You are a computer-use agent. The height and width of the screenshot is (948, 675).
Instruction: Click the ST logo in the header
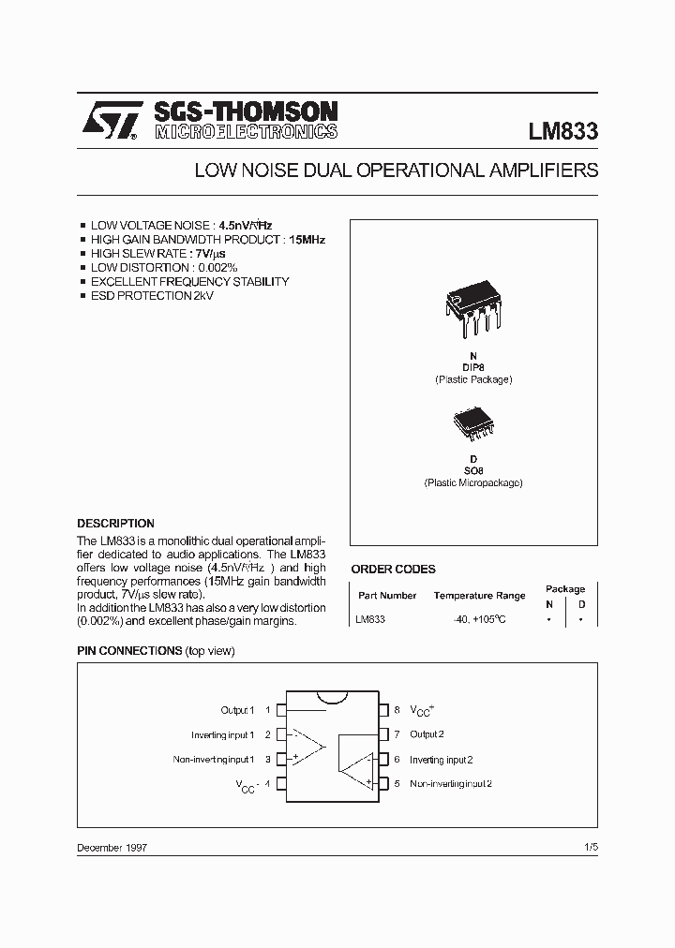tap(109, 121)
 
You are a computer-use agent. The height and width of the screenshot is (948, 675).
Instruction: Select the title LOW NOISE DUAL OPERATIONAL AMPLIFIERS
tap(396, 171)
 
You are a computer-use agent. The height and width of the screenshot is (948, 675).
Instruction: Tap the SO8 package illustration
tap(472, 424)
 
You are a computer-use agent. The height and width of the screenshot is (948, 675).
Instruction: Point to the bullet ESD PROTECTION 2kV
tap(152, 296)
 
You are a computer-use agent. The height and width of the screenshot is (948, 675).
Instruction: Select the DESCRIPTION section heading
tap(115, 524)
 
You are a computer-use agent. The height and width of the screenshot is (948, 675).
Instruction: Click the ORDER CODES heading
tap(393, 569)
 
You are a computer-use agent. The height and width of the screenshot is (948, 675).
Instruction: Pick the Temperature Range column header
tap(479, 596)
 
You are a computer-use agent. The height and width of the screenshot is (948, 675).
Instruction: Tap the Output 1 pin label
tap(237, 711)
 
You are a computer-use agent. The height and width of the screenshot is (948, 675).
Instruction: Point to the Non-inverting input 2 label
tap(450, 783)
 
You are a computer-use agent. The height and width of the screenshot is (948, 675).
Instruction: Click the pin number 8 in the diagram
tap(397, 710)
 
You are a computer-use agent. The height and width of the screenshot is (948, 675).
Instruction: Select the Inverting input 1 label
tap(223, 735)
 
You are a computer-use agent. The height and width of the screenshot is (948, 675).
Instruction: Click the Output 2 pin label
tap(427, 734)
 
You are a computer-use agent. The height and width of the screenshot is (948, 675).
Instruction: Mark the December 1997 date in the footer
tap(112, 847)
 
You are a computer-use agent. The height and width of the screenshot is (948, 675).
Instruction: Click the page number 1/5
tap(590, 847)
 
